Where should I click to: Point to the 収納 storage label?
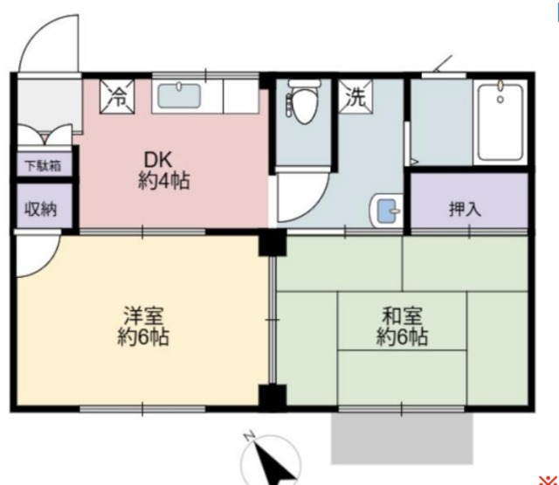(x=36, y=210)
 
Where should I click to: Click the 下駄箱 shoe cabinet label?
(x=36, y=164)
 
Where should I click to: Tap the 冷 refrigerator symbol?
(x=116, y=97)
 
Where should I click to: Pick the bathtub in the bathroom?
(x=500, y=122)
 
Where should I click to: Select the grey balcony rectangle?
(x=401, y=438)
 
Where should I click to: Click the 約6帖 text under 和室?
(x=402, y=336)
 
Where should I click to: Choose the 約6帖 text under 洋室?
(x=143, y=337)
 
